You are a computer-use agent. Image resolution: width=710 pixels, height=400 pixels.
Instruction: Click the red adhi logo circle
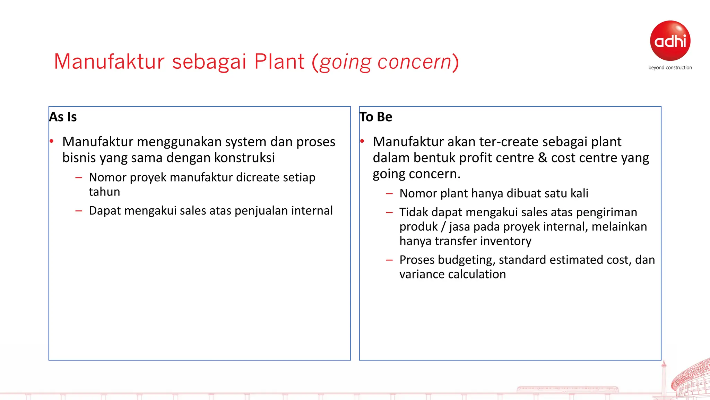pos(670,41)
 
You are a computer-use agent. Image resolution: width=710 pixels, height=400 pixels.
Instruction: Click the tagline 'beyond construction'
pos(670,68)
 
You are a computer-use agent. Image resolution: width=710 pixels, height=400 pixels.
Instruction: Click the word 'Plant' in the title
pos(279,62)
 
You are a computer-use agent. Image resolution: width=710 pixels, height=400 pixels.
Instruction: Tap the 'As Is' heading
pos(63,117)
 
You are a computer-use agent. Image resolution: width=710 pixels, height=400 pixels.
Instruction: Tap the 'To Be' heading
pos(376,117)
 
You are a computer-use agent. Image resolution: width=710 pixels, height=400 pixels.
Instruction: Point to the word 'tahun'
pos(104,192)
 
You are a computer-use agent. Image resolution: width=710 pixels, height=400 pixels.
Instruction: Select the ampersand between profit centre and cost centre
pos(542,158)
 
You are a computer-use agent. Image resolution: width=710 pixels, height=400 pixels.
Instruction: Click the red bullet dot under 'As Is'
pos(52,141)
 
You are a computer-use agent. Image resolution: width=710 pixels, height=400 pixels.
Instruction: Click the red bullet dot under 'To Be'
pos(362,141)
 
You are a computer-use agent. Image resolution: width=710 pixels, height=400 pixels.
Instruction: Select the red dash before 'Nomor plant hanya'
pos(389,194)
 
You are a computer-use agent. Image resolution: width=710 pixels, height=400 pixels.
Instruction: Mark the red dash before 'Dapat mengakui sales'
pos(79,211)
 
